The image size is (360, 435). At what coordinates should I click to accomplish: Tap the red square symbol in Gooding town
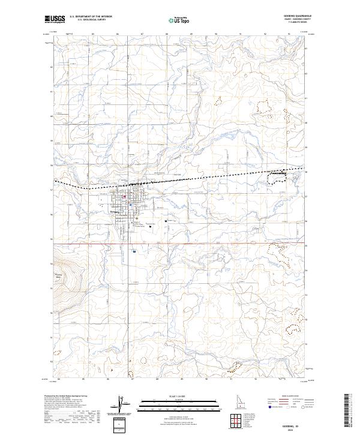[x=124, y=196]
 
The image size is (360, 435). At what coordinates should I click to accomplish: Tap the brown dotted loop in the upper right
[x=262, y=107]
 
